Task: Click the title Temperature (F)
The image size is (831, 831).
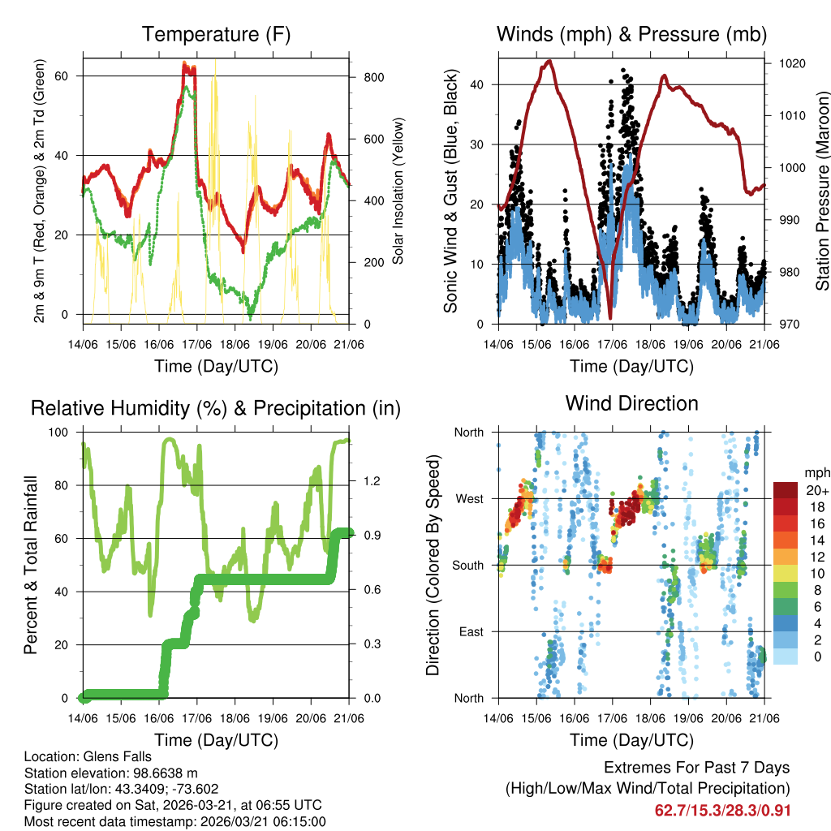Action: [216, 34]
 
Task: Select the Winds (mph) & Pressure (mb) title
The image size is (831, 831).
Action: [631, 34]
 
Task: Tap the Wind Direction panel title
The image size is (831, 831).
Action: [631, 403]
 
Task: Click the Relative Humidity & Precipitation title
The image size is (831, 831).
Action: [216, 408]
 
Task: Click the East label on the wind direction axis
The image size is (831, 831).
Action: [470, 631]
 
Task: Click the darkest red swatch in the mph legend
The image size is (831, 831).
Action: [785, 490]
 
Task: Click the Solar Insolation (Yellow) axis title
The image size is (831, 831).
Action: [398, 192]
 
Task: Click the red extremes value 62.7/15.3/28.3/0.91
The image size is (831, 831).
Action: [722, 810]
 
